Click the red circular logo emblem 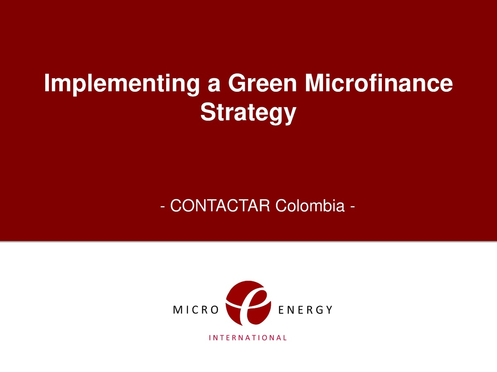coord(248,303)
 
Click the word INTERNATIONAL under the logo coord(248,337)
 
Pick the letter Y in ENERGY coord(329,310)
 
